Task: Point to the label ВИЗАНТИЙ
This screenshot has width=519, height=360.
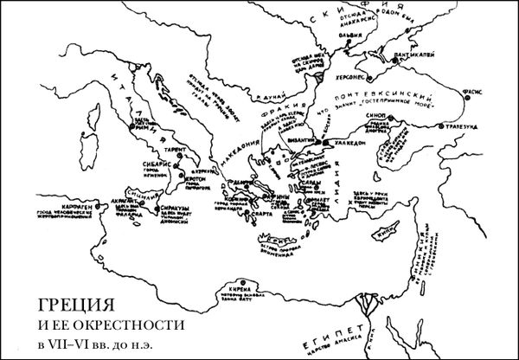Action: point(307,137)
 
